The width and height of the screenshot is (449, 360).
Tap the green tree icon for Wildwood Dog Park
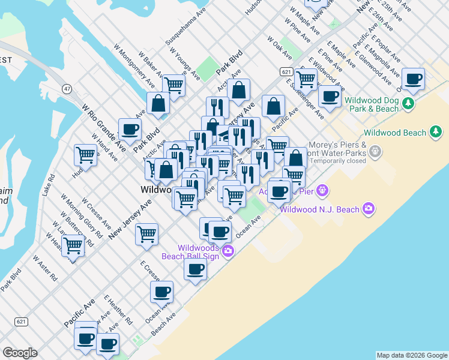point(409,103)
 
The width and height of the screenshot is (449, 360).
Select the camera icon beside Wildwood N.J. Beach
point(368,209)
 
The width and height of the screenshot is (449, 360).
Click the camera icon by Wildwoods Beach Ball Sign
point(228,250)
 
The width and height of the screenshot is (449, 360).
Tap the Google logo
point(20,353)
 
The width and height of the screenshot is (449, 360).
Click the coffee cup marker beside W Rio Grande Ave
point(130,129)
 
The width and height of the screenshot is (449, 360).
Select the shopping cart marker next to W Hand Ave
point(85,155)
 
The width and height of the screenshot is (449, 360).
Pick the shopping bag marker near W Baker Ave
point(158,103)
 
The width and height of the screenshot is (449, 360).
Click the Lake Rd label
point(49,185)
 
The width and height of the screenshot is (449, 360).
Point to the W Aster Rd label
point(45,269)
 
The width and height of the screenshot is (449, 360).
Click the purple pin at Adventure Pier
point(323,191)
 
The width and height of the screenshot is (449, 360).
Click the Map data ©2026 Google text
point(411,355)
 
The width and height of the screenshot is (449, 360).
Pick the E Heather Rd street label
point(118,309)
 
